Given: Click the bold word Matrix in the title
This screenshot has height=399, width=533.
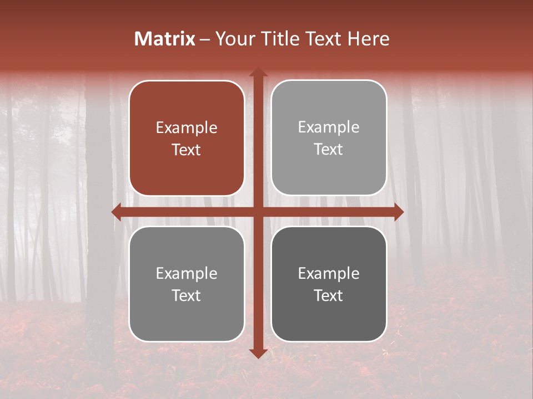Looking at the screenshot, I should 165,39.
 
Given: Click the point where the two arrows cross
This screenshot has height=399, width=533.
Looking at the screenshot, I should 258,212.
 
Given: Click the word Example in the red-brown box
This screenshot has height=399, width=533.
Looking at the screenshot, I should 187,128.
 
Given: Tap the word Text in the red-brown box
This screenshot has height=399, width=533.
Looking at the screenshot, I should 187,150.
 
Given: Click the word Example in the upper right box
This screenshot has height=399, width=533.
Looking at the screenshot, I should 329,127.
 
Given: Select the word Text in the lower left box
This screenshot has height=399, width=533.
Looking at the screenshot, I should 187,296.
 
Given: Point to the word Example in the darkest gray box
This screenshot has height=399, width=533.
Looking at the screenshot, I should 329,273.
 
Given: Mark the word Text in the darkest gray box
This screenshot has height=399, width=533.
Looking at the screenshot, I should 329,296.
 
